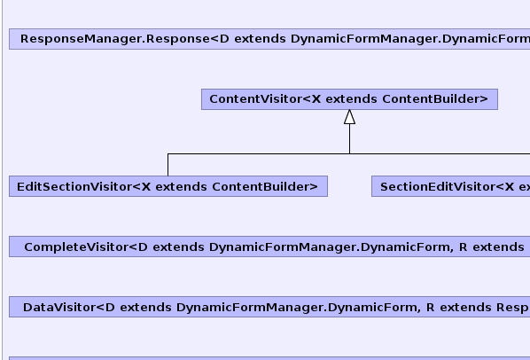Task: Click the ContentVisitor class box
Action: coord(349,99)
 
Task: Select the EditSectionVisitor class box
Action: coord(168,186)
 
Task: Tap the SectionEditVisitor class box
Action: coord(450,186)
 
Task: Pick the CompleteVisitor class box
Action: coord(269,247)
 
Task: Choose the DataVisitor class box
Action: coord(269,307)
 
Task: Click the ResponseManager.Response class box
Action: coord(269,39)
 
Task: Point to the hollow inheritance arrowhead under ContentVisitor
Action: coord(349,117)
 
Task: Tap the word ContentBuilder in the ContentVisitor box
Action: coord(432,99)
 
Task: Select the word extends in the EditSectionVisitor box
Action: coord(181,186)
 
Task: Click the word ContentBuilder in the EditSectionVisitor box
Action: coord(261,186)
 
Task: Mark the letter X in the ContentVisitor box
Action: coord(316,99)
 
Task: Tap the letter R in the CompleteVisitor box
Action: coord(463,247)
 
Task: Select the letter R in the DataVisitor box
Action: coord(430,308)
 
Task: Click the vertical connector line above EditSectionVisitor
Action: coord(168,165)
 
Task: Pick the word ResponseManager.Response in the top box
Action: coord(115,39)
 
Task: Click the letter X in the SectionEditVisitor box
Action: coord(509,186)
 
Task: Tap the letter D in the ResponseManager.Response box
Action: coord(224,39)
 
